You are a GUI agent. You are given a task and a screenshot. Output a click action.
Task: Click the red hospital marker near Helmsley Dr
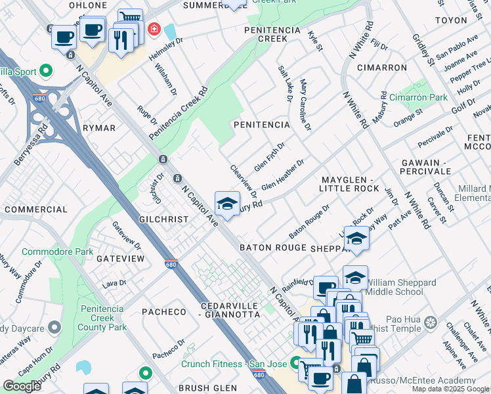pyautogui.click(x=154, y=30)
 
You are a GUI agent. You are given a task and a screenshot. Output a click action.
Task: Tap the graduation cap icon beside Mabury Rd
pyautogui.click(x=227, y=204)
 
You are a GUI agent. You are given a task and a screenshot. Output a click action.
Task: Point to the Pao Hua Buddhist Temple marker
pyautogui.click(x=430, y=322)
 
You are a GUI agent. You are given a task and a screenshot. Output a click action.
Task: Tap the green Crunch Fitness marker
pyautogui.click(x=295, y=362)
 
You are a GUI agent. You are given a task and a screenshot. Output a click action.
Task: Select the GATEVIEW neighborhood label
pyautogui.click(x=120, y=259)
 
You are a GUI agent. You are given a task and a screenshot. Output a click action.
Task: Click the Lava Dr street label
pyautogui.click(x=109, y=284)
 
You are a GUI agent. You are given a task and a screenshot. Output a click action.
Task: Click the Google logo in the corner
pyautogui.click(x=22, y=386)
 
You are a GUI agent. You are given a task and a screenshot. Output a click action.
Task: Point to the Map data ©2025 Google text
pyautogui.click(x=450, y=389)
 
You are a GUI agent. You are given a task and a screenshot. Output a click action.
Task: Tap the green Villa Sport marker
pyautogui.click(x=46, y=70)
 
